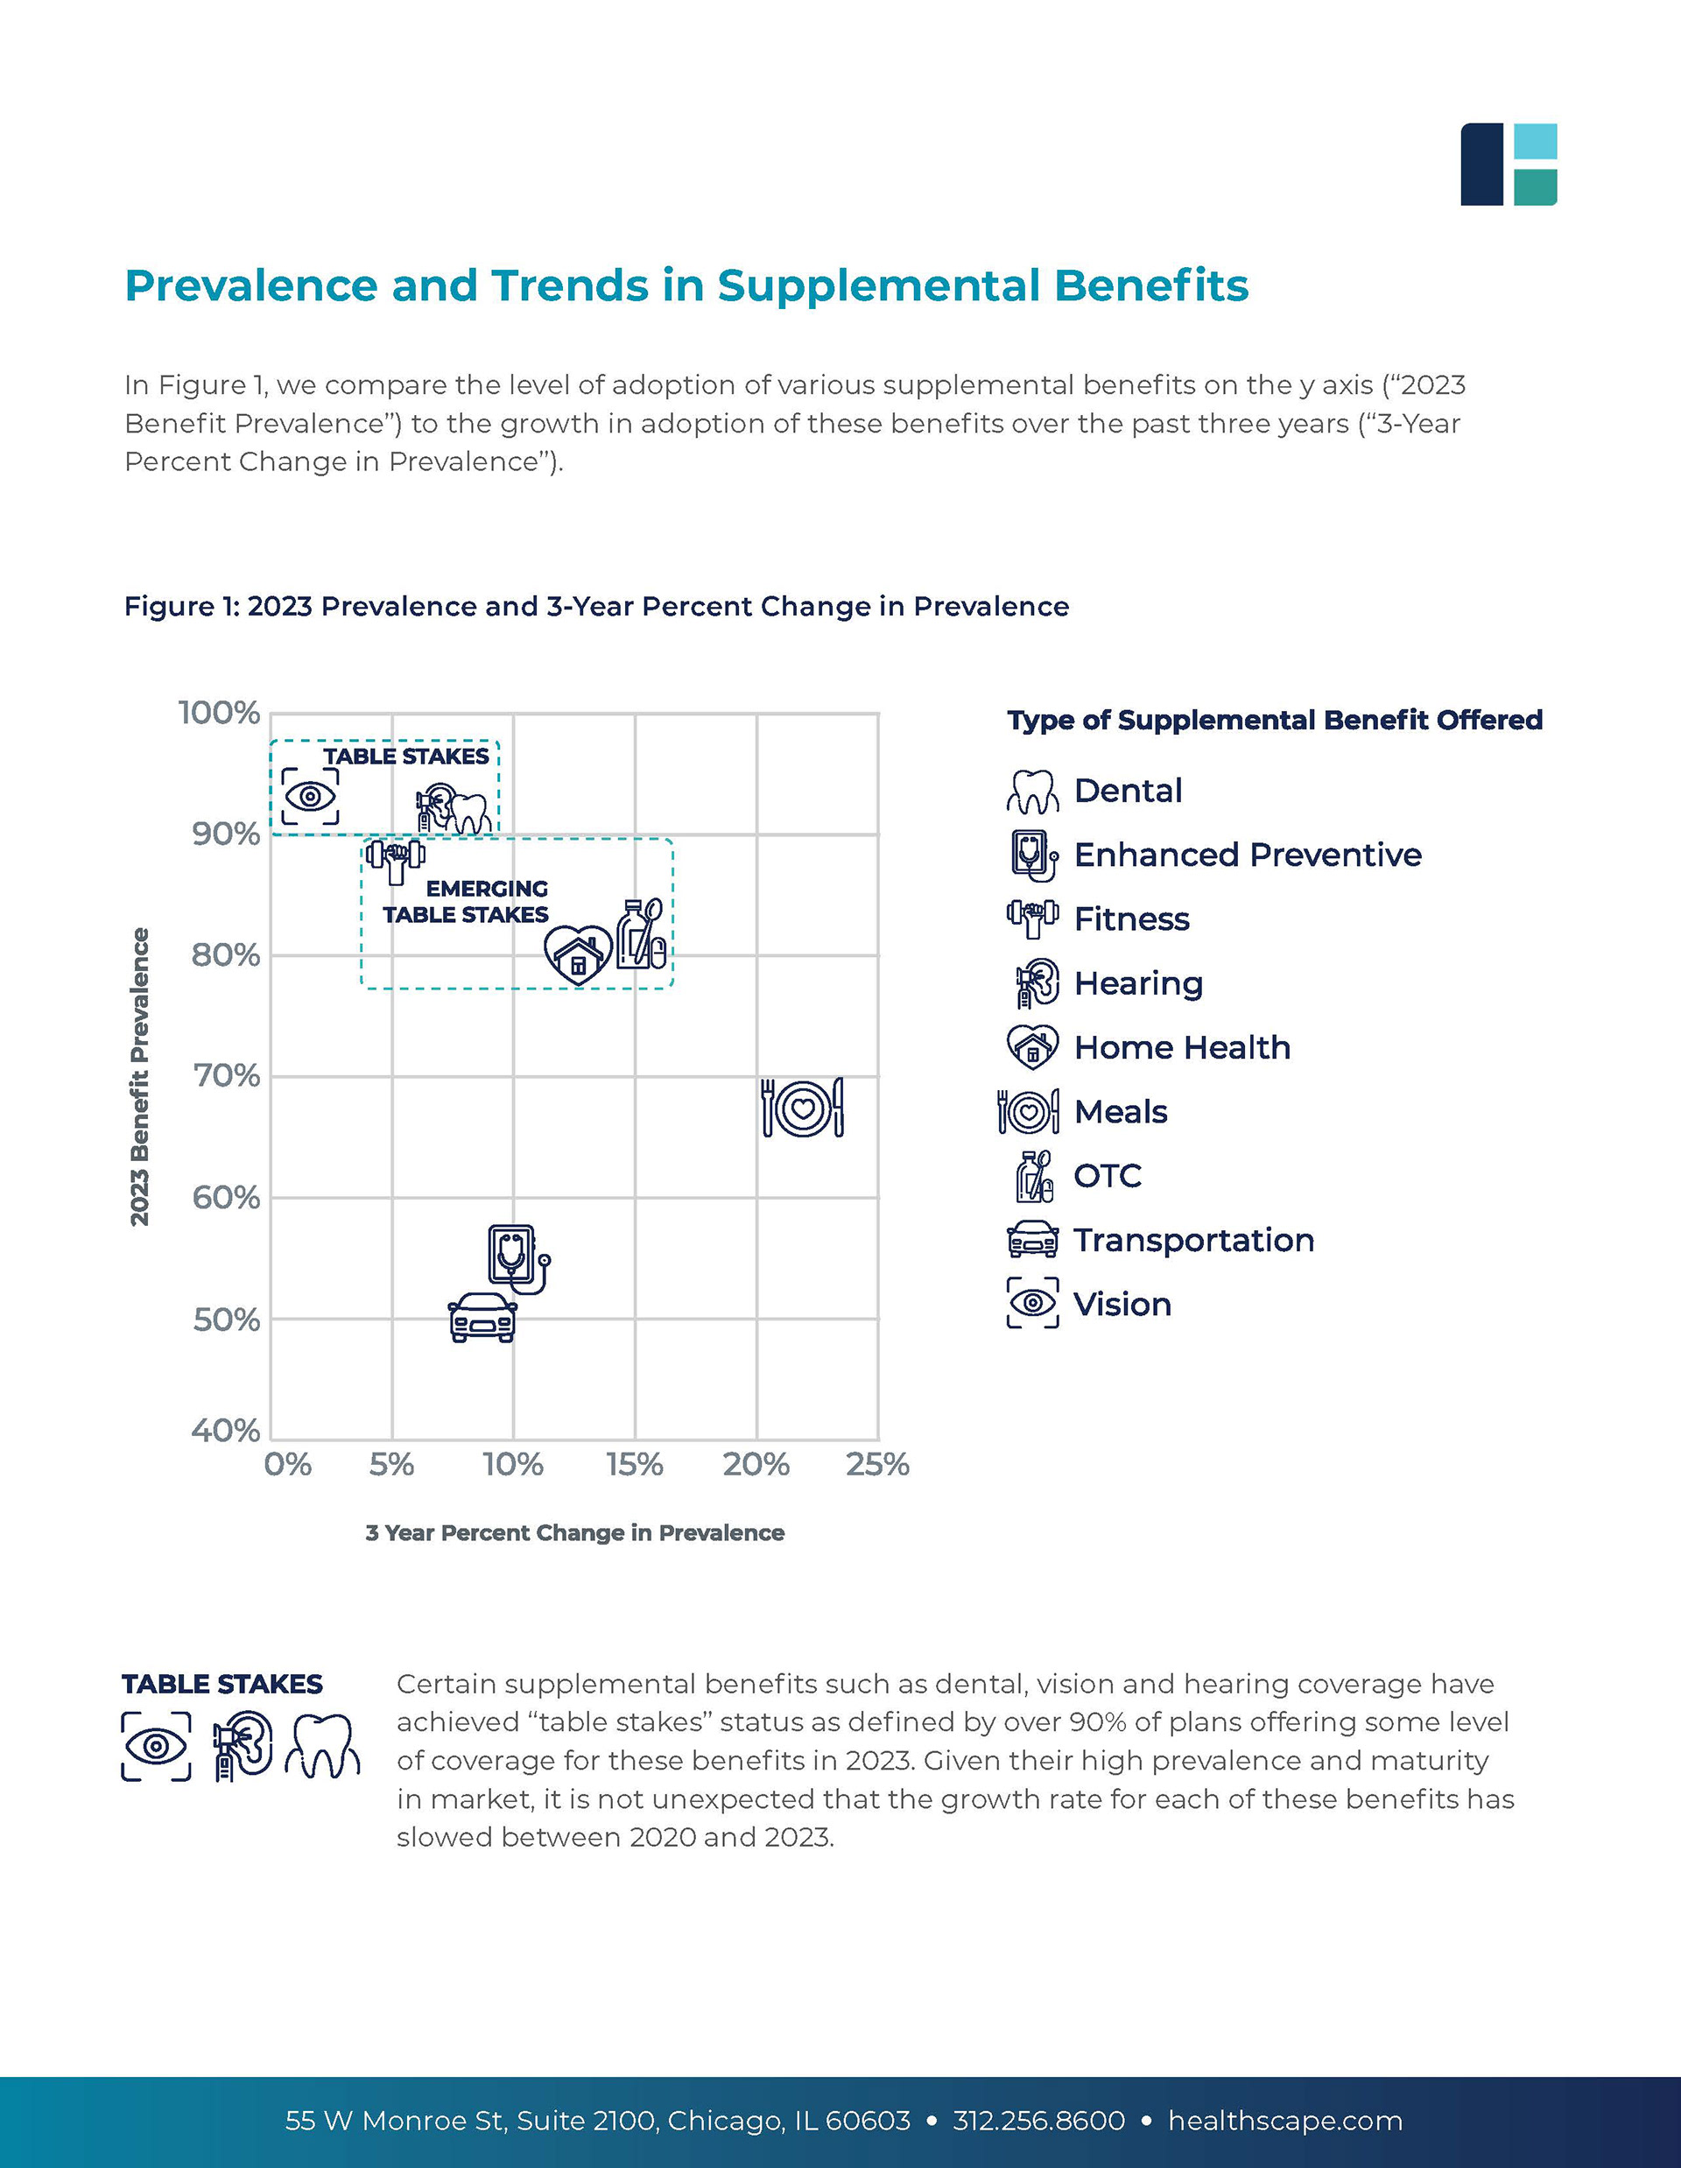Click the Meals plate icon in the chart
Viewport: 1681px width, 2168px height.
(x=802, y=1107)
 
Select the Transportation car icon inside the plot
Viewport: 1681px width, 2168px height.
(x=482, y=1317)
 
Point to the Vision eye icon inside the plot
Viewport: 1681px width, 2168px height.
(x=310, y=796)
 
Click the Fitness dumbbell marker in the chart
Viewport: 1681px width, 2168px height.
(x=396, y=860)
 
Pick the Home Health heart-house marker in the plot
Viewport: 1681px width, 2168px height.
(x=578, y=954)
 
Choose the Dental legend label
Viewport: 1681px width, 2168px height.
(x=1128, y=792)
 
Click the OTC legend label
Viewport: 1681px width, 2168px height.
(x=1108, y=1176)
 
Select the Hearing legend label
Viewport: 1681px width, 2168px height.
(x=1138, y=983)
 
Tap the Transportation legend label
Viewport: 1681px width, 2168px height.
(x=1193, y=1241)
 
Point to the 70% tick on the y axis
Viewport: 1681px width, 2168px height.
(x=226, y=1076)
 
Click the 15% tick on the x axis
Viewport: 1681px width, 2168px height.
(x=635, y=1465)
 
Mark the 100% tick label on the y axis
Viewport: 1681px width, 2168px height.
(x=219, y=713)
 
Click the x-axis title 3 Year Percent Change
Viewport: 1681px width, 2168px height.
(x=574, y=1534)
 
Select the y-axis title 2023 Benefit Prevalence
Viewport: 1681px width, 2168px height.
(x=140, y=1076)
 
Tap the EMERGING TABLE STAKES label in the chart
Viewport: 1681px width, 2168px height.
(x=467, y=901)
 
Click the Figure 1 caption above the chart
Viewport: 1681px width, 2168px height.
(x=596, y=607)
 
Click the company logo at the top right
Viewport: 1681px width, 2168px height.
(x=1508, y=165)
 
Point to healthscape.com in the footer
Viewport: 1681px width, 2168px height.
(x=1285, y=2122)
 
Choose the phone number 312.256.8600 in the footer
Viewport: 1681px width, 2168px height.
(x=1039, y=2122)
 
